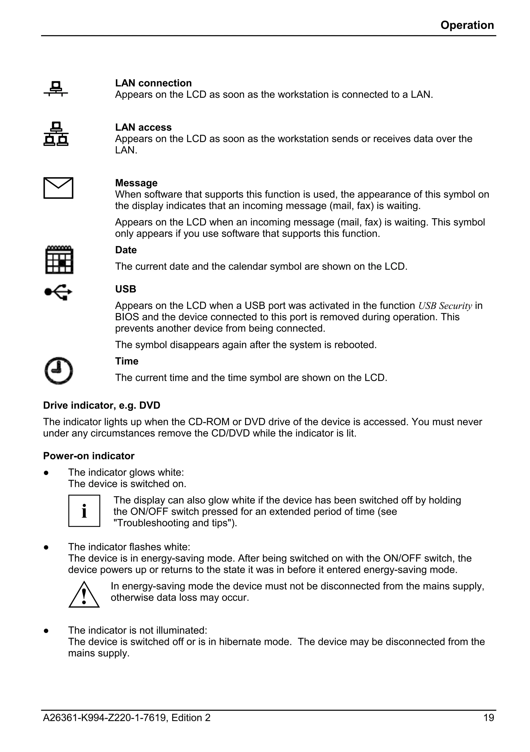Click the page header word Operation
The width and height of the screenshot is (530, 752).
(467, 25)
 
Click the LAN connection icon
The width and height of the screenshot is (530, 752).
(56, 89)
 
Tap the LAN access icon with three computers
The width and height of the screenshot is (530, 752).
(56, 134)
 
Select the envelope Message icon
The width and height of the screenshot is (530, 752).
(58, 188)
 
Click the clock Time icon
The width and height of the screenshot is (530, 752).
(59, 370)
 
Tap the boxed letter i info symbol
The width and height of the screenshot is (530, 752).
(84, 511)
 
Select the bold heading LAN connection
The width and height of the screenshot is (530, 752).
(153, 83)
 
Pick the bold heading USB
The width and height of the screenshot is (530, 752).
(126, 289)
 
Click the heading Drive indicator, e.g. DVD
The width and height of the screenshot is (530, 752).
(101, 405)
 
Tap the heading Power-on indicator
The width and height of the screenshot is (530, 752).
(89, 456)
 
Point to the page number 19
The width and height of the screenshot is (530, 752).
(488, 718)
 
